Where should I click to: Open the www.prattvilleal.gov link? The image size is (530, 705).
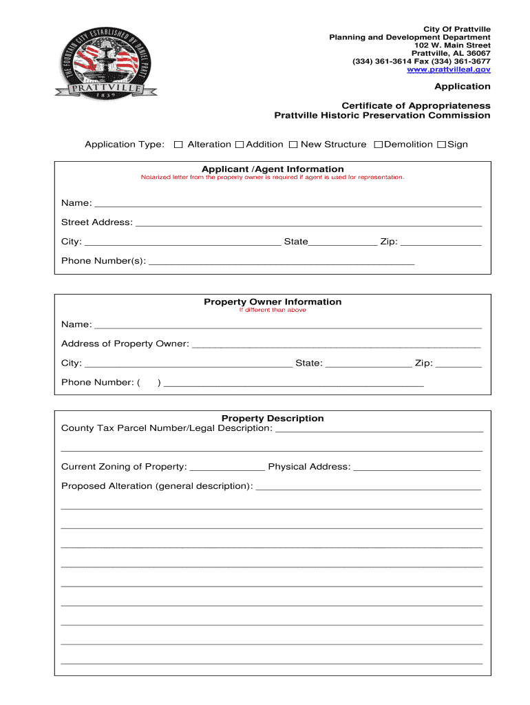[448, 70]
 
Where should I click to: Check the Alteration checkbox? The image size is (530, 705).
[178, 145]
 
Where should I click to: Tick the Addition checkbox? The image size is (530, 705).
[240, 145]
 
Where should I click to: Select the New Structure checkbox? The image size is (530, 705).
[293, 145]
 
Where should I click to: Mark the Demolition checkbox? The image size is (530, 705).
[378, 145]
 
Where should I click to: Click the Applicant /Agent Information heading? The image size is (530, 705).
[273, 169]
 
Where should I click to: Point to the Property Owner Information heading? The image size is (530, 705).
[273, 302]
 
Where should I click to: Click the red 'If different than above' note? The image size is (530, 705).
[273, 311]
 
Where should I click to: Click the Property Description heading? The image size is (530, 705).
[273, 419]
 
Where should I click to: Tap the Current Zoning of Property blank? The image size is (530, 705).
[226, 469]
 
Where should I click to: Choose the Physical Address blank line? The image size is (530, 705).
[416, 469]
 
